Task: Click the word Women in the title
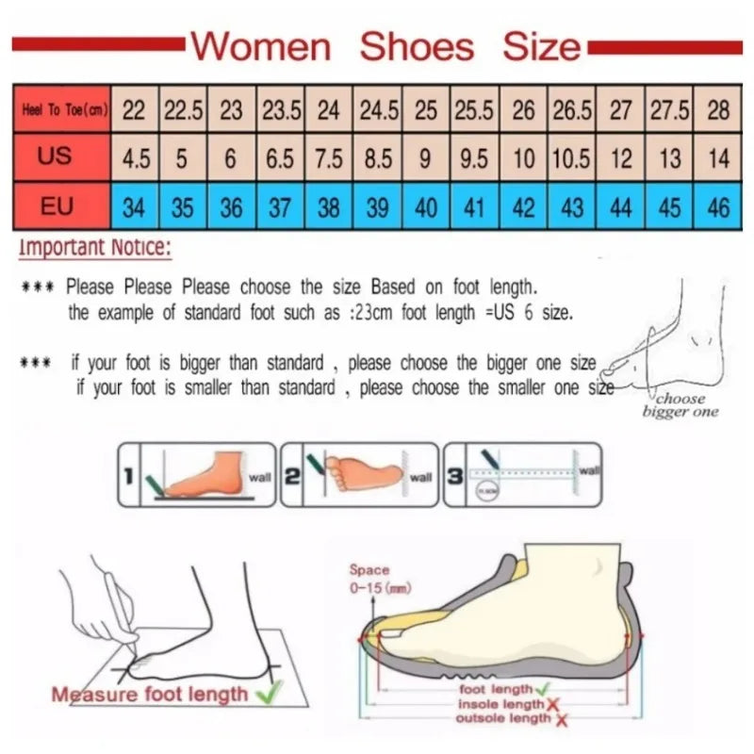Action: pos(261,46)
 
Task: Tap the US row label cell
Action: pos(56,156)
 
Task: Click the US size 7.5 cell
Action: pos(328,158)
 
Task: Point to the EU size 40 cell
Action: pos(426,205)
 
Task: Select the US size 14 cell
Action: pos(718,158)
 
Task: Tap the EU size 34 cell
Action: pos(135,205)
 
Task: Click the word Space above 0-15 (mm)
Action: pos(369,570)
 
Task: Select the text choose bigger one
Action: pos(680,405)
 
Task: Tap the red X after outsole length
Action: pos(562,721)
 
